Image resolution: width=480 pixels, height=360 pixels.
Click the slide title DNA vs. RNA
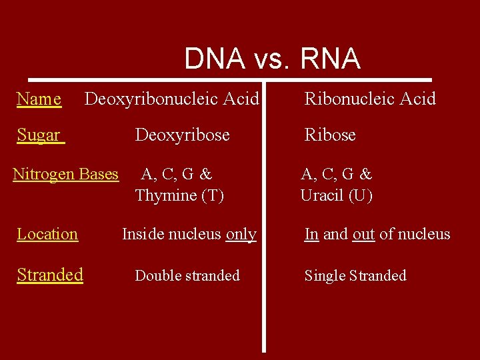(x=272, y=59)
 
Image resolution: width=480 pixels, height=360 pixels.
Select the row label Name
(x=39, y=99)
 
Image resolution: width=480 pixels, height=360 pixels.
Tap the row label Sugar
(x=39, y=135)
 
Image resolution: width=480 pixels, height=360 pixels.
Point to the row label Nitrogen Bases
(x=65, y=175)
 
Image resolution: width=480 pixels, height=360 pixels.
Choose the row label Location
(x=47, y=234)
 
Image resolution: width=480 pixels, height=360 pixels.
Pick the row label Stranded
(x=50, y=275)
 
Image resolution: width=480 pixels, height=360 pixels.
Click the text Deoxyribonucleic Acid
(x=171, y=99)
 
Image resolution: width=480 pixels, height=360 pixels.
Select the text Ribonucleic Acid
(x=370, y=99)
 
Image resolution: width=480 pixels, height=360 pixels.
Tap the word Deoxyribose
(x=182, y=135)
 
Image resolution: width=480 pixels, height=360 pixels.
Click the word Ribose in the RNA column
(x=330, y=135)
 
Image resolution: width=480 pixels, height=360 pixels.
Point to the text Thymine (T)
(x=179, y=195)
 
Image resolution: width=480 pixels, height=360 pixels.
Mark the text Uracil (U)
(x=336, y=195)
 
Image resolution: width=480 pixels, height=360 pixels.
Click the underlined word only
(x=241, y=235)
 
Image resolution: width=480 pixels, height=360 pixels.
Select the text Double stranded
(x=187, y=276)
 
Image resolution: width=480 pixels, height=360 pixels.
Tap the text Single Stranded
(x=355, y=276)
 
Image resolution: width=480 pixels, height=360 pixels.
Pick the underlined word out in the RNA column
(x=363, y=235)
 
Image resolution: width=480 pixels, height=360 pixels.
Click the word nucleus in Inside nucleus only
(x=195, y=235)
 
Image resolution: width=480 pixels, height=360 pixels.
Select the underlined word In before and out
(x=311, y=235)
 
